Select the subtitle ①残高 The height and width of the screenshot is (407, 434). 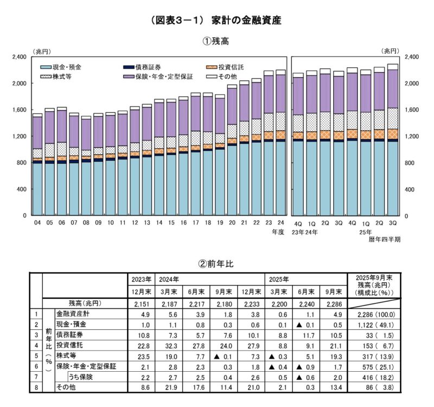[x=218, y=42]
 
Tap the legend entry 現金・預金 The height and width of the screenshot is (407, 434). [x=70, y=67]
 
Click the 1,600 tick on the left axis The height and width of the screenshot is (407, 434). [x=19, y=110]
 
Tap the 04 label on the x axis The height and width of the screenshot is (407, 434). [x=37, y=222]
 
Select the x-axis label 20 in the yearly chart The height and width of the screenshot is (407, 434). [x=232, y=222]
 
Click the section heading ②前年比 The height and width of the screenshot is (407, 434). [x=217, y=264]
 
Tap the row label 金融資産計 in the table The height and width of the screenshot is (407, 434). [x=73, y=314]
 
